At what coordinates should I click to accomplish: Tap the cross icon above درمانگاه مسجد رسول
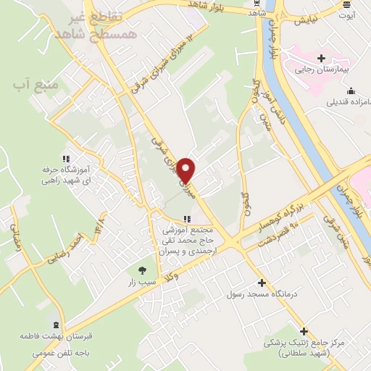(x=262, y=282)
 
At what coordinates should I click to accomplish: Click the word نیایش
(x=307, y=21)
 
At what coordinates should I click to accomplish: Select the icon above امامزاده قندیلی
(x=351, y=91)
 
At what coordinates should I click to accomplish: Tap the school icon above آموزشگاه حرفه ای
(x=66, y=158)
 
